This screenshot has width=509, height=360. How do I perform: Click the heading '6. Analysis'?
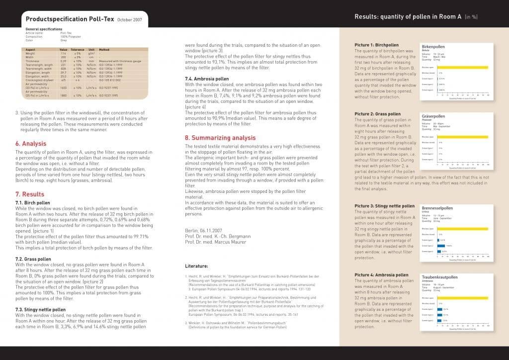point(31,144)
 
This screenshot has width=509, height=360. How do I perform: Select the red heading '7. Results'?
point(30,194)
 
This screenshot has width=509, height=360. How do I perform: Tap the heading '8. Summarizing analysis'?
point(220,138)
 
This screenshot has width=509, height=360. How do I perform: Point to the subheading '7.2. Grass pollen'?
point(33,259)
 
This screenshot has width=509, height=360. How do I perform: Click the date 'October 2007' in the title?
point(130,20)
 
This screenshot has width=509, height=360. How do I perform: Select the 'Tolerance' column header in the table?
point(77,50)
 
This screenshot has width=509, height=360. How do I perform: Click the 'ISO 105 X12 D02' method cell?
point(110,79)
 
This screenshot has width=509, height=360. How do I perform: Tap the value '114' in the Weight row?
point(63,54)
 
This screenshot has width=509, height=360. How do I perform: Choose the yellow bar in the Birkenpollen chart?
point(462,67)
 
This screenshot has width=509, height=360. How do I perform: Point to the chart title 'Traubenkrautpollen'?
point(439,277)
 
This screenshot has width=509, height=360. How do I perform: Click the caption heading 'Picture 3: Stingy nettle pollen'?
point(384,206)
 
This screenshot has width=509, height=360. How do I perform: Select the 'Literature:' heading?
point(196,266)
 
